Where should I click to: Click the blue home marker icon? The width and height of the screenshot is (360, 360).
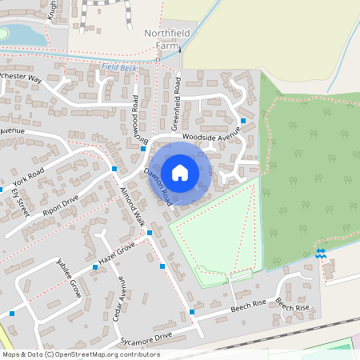tap(180, 172)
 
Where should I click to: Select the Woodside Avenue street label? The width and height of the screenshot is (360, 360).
tap(210, 137)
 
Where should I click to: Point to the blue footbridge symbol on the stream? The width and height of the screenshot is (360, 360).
tap(320, 254)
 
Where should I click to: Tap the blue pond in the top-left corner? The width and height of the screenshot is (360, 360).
tap(14, 34)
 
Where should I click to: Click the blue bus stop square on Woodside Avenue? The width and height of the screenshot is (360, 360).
tap(242, 119)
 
